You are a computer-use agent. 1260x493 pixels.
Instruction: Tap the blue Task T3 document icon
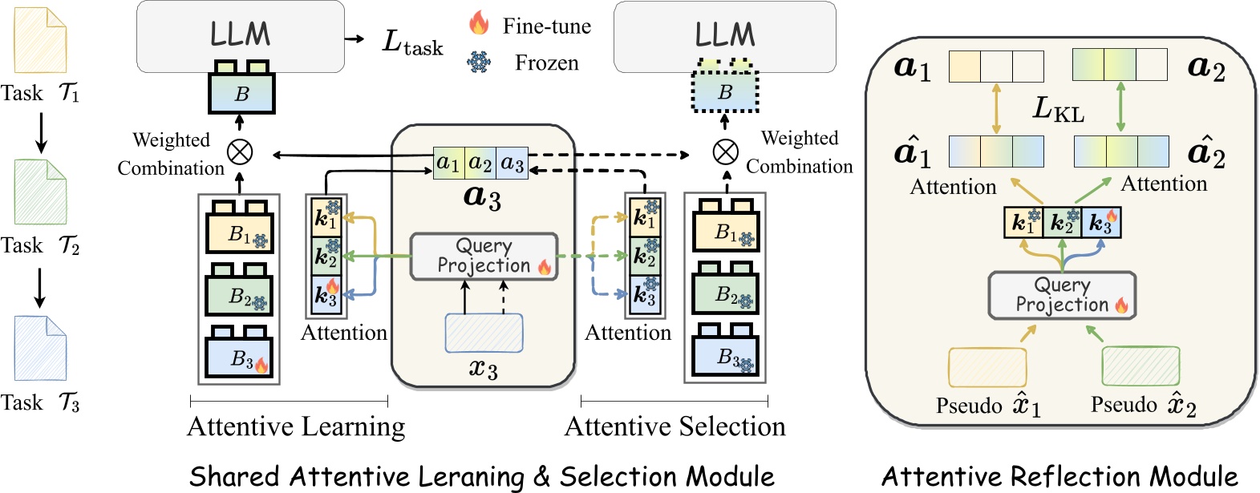click(39, 349)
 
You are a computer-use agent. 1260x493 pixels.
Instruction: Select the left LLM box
click(240, 35)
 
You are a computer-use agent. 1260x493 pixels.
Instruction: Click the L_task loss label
click(412, 42)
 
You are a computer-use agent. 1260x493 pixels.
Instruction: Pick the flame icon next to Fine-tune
click(479, 23)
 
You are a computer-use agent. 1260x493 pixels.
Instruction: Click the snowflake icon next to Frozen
click(479, 62)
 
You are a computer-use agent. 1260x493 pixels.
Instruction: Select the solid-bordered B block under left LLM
click(241, 93)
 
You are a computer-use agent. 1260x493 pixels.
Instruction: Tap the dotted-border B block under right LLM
click(725, 92)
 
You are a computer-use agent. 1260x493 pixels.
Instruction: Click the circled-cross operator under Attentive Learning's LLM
click(239, 151)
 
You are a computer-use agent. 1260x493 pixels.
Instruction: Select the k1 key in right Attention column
click(645, 216)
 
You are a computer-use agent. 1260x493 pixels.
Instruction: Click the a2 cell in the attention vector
click(480, 163)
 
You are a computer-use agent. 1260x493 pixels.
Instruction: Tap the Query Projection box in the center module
click(484, 257)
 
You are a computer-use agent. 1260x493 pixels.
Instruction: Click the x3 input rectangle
click(484, 333)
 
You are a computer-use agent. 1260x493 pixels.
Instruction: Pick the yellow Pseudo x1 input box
click(987, 368)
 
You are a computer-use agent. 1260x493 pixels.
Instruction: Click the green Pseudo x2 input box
click(1140, 366)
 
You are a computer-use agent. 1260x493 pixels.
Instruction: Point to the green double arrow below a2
click(1120, 108)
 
